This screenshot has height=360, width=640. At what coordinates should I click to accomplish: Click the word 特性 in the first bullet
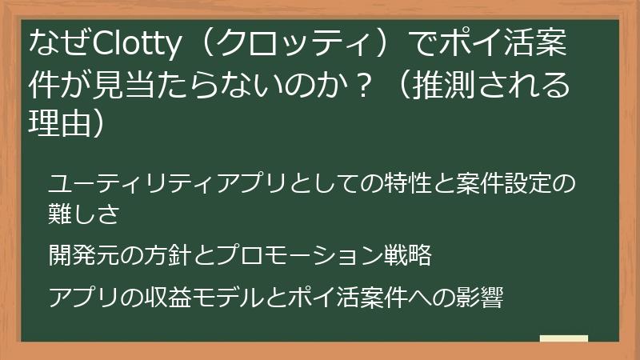390,183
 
